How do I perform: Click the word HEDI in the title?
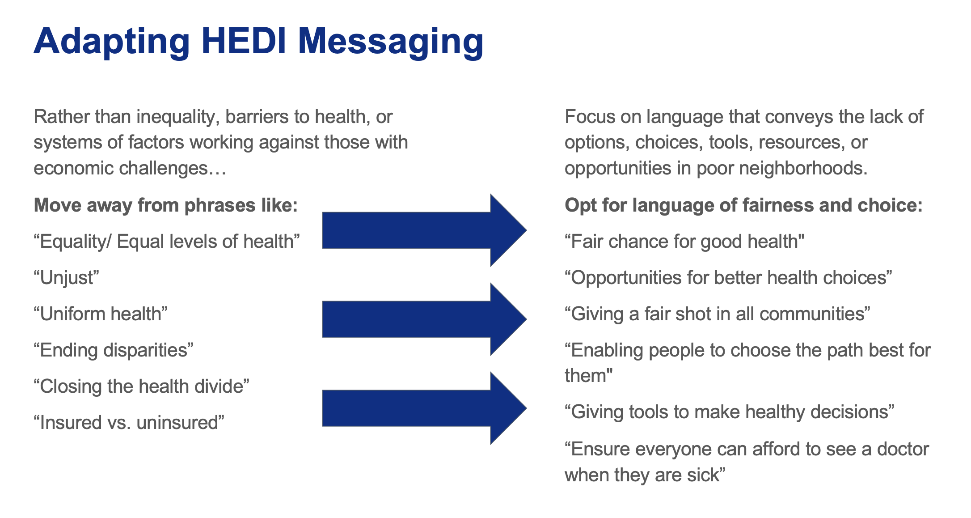(244, 41)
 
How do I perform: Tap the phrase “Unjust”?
(66, 278)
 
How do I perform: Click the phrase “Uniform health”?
(101, 314)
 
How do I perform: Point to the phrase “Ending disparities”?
(114, 350)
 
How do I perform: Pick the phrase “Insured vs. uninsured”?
(129, 422)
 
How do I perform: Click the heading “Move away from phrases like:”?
(165, 206)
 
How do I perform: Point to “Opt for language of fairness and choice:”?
(743, 206)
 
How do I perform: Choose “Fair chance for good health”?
(684, 242)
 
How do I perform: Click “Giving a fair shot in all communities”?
(718, 314)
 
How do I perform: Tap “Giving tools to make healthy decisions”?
(730, 412)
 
